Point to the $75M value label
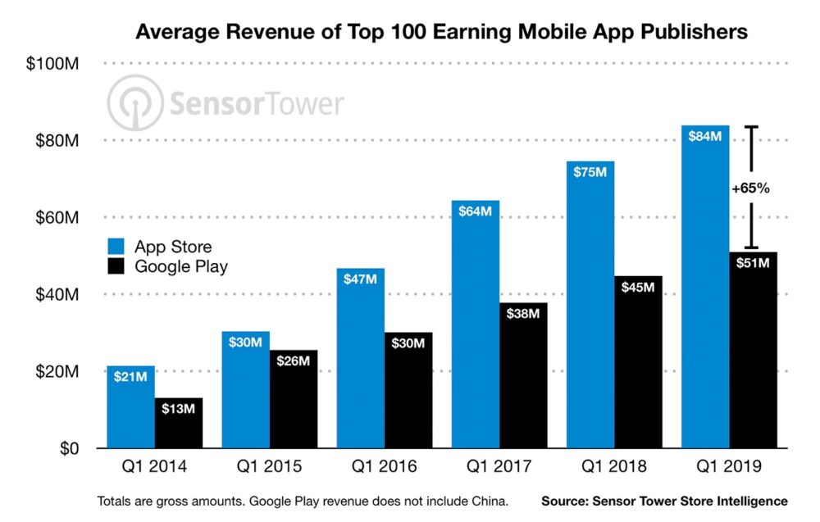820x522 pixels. click(x=590, y=173)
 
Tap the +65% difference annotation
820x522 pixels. click(x=750, y=188)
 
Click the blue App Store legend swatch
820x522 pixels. click(x=117, y=247)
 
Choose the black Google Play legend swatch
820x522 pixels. click(x=117, y=266)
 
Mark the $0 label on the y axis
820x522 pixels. click(x=66, y=449)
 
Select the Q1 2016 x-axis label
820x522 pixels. click(x=384, y=468)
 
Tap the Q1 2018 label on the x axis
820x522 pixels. click(x=613, y=468)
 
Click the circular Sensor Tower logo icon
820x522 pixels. click(x=134, y=102)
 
